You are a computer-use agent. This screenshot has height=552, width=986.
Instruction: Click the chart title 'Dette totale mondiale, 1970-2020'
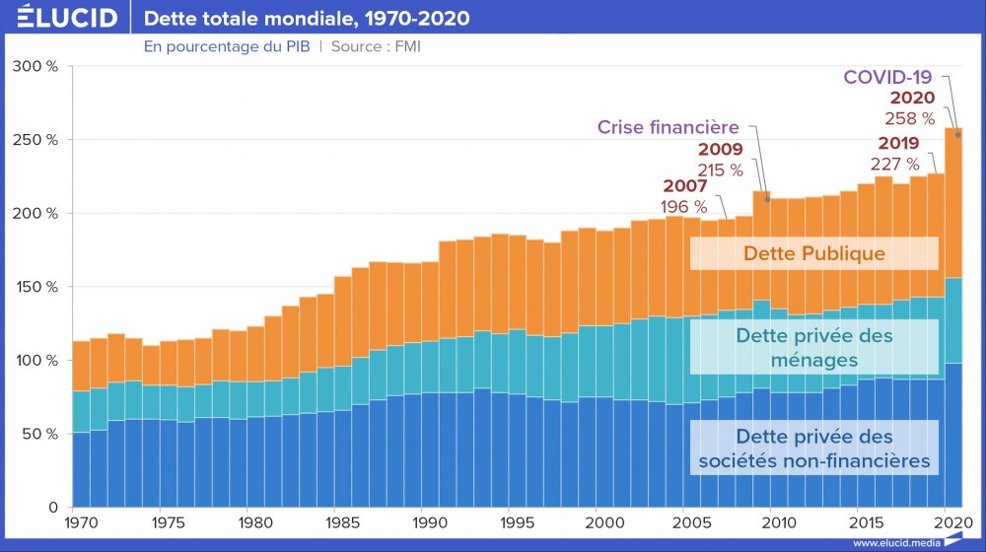(x=307, y=19)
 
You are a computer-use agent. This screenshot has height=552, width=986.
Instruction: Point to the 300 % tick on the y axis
(x=37, y=66)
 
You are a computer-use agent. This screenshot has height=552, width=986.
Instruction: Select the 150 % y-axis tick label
(x=37, y=287)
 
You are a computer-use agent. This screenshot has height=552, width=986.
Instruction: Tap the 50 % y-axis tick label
(x=41, y=434)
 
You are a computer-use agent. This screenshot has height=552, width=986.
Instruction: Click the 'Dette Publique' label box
(x=813, y=253)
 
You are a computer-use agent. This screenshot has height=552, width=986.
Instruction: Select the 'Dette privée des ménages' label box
(x=813, y=348)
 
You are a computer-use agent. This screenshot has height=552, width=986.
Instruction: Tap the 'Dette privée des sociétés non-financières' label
(x=813, y=448)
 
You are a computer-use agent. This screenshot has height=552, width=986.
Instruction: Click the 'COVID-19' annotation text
(x=887, y=77)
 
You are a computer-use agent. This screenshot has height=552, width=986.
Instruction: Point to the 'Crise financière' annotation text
(x=669, y=127)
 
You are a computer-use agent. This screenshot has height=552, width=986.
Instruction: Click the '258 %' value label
(x=912, y=118)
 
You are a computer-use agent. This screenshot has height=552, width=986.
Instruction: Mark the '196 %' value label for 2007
(x=683, y=206)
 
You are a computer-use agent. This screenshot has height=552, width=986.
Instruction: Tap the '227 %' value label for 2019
(x=894, y=164)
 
